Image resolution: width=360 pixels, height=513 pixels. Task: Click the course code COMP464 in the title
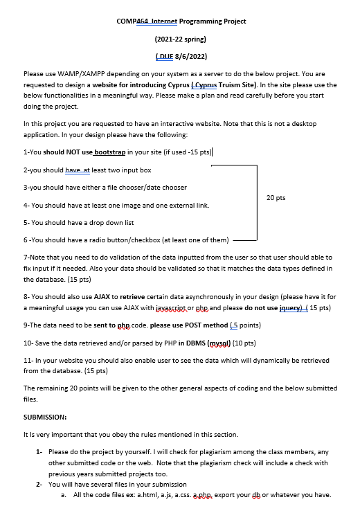coord(133,21)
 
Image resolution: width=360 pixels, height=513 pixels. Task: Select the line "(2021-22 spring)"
coord(181,39)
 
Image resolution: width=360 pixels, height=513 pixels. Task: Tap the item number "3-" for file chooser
coord(26,187)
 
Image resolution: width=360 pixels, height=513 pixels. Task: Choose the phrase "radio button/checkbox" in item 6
coord(124,241)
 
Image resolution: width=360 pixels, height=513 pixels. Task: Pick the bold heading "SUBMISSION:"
coord(44,417)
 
